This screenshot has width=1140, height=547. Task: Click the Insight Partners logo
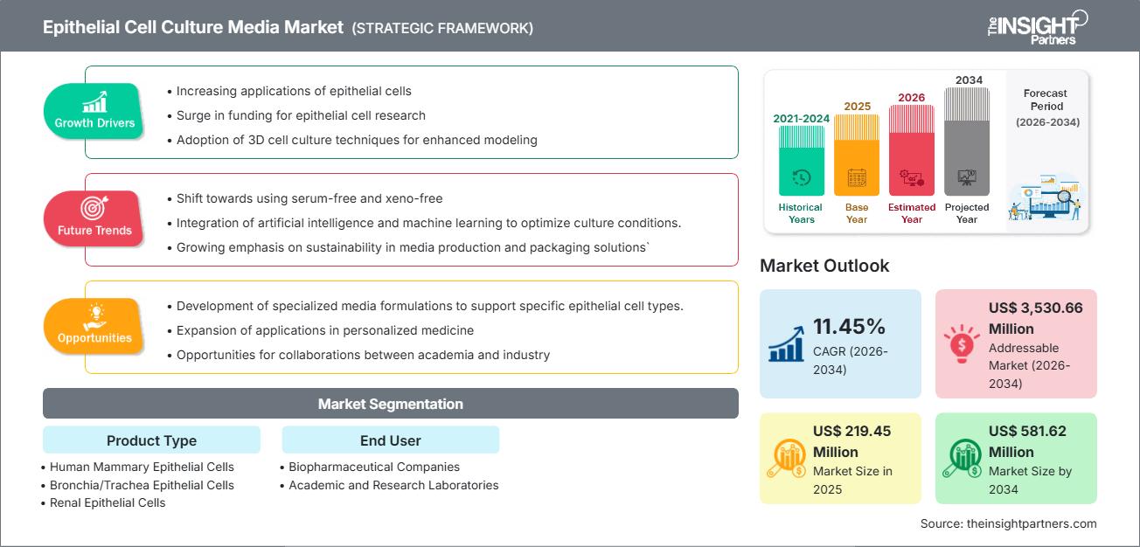coord(1036,26)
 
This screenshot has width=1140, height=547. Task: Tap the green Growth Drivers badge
coord(94,112)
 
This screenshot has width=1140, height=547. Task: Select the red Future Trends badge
coord(94,219)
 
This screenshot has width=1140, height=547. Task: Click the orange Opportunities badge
coord(94,327)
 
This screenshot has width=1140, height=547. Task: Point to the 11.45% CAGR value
coord(850,327)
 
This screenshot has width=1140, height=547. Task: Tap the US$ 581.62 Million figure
coord(1027,441)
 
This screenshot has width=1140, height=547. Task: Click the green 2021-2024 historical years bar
coord(801,161)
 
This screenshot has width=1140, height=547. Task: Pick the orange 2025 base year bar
coord(857,155)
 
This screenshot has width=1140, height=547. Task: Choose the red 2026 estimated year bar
coord(912,149)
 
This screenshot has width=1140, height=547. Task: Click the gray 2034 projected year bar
coord(967,141)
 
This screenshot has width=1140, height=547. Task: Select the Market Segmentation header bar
coord(391,404)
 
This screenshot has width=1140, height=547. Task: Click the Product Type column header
coord(151,440)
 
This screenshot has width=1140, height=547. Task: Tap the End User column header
coord(390,440)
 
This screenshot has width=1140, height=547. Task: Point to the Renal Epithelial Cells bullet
coord(108,502)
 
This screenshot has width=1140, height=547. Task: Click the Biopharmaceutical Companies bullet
coord(374,467)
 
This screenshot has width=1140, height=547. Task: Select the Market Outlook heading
coord(825,266)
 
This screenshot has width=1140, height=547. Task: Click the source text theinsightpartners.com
coord(1008,523)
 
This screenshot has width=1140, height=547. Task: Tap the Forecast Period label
coord(1046,107)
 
